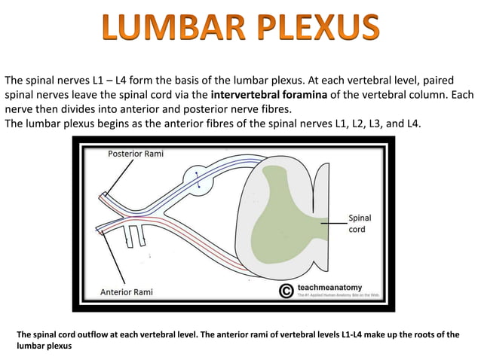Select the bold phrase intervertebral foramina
[270, 96]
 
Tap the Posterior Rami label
[136, 154]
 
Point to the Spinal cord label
[360, 224]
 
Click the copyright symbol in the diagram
[286, 291]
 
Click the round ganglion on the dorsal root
[198, 179]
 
